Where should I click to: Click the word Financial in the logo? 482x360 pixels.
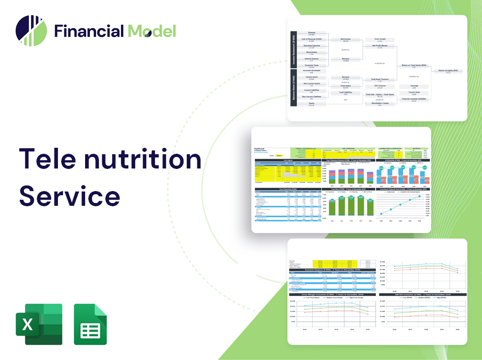tap(89, 31)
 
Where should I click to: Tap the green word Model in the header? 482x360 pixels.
tap(152, 31)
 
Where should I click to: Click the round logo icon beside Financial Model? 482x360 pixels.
tap(31, 31)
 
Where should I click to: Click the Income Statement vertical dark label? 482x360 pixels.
tap(293, 50)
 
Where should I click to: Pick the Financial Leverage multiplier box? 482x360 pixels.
tap(414, 99)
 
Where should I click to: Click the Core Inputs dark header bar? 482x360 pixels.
tap(288, 160)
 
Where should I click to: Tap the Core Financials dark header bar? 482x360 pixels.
tap(288, 189)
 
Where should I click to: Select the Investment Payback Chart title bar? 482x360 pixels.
tap(403, 189)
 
